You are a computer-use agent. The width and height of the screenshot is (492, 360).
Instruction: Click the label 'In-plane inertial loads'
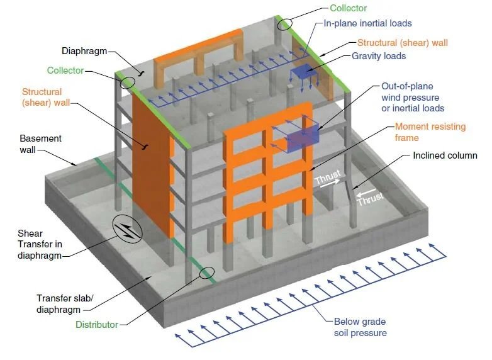coord(367,23)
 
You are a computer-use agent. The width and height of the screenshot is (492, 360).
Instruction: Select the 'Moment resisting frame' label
coord(430,132)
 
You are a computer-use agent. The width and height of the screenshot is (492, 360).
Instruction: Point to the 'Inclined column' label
coord(445,155)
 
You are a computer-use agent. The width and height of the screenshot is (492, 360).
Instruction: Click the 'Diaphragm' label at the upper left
coord(82,50)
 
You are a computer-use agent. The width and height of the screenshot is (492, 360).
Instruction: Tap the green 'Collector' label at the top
coord(348,8)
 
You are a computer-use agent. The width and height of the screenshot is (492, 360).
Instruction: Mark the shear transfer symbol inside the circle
coord(127,230)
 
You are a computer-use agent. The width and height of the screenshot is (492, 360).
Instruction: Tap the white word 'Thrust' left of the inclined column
coord(327,179)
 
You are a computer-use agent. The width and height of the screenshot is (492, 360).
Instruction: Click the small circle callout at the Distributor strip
coord(206,273)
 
